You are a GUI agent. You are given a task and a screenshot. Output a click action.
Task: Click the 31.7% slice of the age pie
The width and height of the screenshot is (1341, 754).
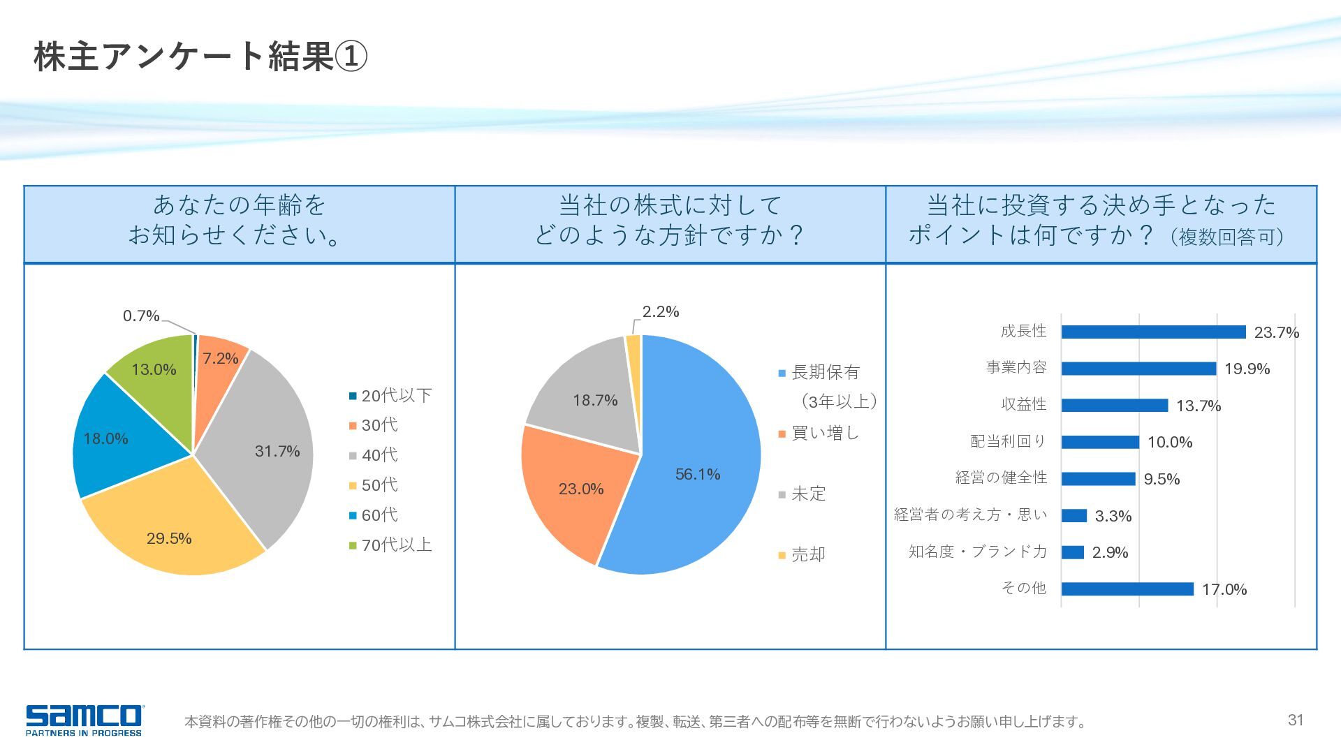click(269, 447)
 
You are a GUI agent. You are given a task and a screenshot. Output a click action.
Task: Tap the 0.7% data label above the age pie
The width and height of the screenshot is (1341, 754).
click(141, 316)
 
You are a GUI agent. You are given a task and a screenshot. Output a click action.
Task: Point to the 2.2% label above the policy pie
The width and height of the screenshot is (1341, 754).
click(661, 312)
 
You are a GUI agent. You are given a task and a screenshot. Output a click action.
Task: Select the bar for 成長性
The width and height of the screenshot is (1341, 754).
click(1153, 332)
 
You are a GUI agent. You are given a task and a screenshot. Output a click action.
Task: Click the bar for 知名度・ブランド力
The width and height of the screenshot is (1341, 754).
click(1073, 552)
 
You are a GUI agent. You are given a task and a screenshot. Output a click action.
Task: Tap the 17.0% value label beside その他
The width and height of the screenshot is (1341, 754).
click(1224, 590)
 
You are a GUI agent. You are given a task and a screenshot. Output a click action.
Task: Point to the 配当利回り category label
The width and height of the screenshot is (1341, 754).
click(1009, 442)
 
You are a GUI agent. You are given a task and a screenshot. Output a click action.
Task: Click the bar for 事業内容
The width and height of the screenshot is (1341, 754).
click(1138, 369)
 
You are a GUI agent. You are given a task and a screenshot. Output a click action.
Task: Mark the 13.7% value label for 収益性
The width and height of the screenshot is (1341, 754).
click(1199, 406)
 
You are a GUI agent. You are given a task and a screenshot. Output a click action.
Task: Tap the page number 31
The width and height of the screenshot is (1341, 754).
click(1296, 720)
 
